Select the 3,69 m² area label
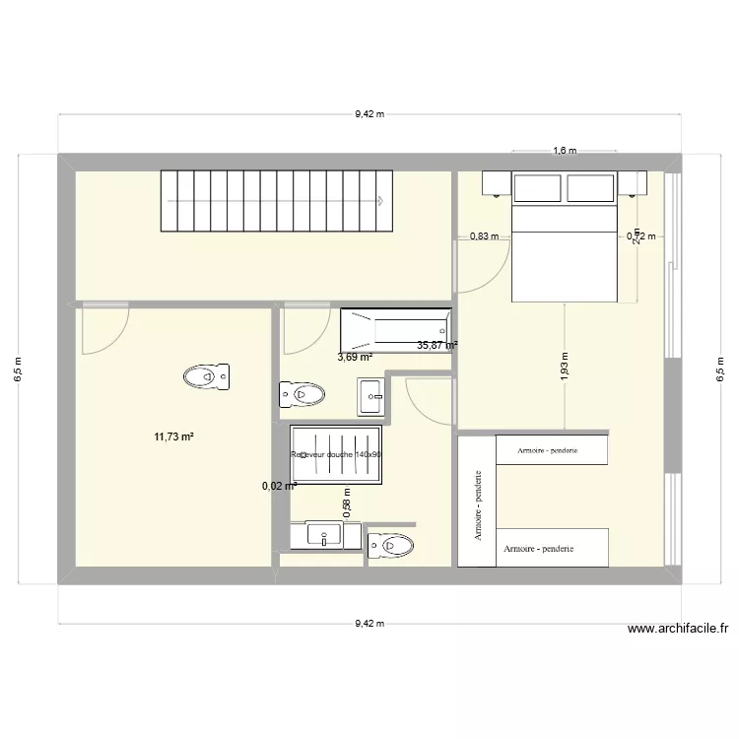[x=355, y=359]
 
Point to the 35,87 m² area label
[x=437, y=345]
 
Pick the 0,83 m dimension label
[x=485, y=236]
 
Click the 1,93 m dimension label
[x=565, y=366]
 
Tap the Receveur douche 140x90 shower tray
[x=336, y=455]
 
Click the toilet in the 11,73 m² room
[x=206, y=375]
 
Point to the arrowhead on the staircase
[x=379, y=199]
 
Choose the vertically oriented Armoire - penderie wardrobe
[x=476, y=502]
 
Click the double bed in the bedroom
[x=565, y=251]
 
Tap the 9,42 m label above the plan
[x=369, y=113]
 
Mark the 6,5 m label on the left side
[x=21, y=369]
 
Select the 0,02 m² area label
[x=279, y=485]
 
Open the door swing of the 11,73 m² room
[x=103, y=330]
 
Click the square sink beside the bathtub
[x=371, y=396]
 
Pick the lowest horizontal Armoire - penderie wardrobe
[x=552, y=548]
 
